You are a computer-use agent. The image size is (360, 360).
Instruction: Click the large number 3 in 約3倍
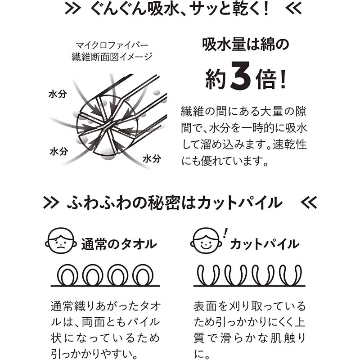tap(241, 76)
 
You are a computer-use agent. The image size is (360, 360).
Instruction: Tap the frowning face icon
tap(61, 241)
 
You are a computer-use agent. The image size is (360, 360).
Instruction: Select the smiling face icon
tap(206, 241)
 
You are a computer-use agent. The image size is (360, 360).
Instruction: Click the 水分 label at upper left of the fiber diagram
tap(58, 94)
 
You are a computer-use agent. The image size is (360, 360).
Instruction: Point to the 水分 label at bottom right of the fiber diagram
tap(152, 159)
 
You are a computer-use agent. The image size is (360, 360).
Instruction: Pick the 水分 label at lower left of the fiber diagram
tap(59, 152)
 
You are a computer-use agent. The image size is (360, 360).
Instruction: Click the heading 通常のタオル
tap(119, 244)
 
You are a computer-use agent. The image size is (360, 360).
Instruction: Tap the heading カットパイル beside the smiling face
tap(265, 244)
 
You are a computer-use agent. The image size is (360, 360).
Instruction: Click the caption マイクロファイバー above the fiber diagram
tap(112, 45)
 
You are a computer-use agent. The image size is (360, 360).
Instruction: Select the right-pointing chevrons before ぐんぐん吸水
tap(73, 9)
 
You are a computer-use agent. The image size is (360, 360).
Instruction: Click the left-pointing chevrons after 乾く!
tap(293, 9)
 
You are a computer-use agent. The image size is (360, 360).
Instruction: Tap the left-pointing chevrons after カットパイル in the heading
tap(309, 202)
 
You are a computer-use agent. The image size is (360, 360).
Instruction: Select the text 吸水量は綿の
tap(245, 45)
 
